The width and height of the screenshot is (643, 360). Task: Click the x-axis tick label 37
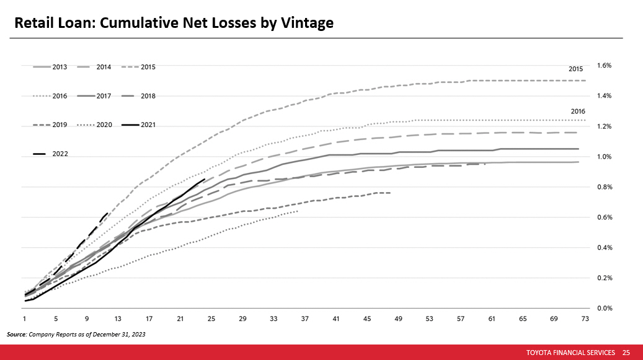(x=305, y=318)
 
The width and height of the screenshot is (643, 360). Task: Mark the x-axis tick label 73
(x=585, y=318)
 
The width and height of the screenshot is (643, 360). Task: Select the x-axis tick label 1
(x=25, y=318)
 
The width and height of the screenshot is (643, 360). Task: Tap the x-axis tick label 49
(x=399, y=318)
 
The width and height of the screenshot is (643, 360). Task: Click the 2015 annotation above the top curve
(x=576, y=69)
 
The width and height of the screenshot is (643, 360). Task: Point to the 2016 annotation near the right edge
(x=578, y=111)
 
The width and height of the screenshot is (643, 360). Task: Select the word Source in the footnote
(x=16, y=334)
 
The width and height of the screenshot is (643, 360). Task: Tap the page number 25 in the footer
(x=626, y=352)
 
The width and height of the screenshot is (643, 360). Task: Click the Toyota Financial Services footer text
(x=570, y=352)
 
